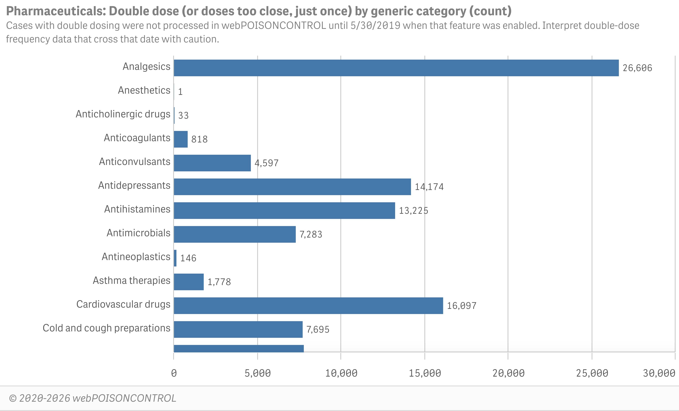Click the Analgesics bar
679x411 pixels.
pos(396,68)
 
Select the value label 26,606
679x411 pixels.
pos(637,68)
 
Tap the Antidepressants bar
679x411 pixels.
pos(292,187)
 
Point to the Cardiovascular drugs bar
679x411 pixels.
pos(308,305)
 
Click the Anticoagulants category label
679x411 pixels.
pos(137,138)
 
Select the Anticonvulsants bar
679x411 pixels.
pos(212,163)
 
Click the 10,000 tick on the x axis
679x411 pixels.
pos(341,373)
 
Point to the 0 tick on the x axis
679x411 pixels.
pos(174,373)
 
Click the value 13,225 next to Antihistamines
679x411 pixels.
pos(413,211)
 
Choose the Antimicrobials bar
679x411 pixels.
pos(234,234)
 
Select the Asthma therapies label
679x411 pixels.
pos(131,280)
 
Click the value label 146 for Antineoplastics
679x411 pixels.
pos(188,258)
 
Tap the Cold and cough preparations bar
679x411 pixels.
pos(238,329)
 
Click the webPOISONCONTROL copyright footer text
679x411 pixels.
pos(93,398)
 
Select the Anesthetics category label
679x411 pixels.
pos(144,90)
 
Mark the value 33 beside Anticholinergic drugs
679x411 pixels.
pos(183,115)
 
